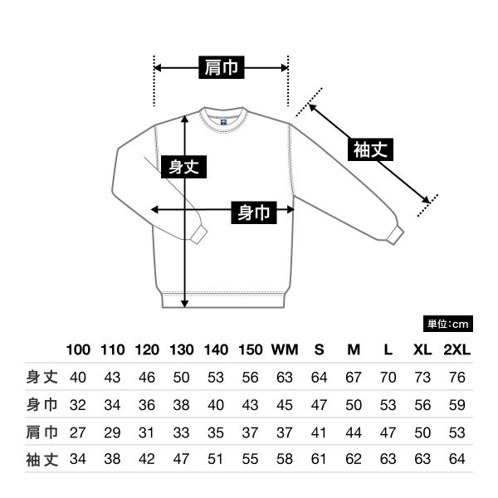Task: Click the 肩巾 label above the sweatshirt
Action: click(x=222, y=68)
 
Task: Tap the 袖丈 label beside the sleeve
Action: click(x=370, y=150)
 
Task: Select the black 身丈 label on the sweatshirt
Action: click(x=183, y=167)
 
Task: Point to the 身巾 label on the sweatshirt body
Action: click(x=254, y=212)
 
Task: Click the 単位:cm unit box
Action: click(x=448, y=324)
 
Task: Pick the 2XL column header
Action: click(x=456, y=349)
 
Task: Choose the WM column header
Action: click(x=285, y=349)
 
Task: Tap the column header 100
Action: click(x=78, y=349)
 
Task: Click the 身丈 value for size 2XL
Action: click(x=456, y=378)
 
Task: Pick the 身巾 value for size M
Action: click(x=354, y=405)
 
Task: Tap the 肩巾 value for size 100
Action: click(x=78, y=432)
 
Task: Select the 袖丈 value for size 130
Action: click(x=181, y=459)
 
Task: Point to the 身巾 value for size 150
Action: click(x=250, y=405)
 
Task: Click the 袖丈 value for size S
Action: click(x=319, y=459)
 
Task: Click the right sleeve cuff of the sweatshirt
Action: click(x=395, y=234)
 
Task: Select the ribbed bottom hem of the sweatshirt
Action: click(x=224, y=300)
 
